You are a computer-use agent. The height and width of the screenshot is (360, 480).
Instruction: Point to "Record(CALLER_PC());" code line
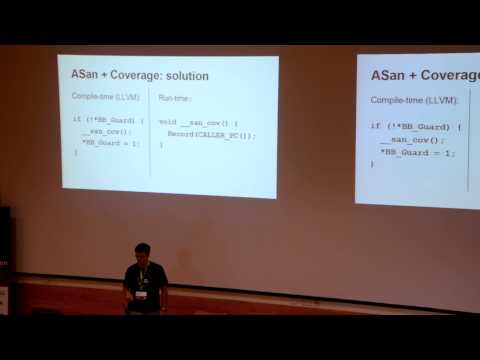[x=211, y=135]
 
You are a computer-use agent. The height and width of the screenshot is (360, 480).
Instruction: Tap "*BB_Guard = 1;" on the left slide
[x=112, y=143]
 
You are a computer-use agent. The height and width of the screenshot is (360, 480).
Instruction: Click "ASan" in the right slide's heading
[x=390, y=76]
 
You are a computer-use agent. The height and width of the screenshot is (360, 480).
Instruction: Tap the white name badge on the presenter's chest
[x=143, y=294]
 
